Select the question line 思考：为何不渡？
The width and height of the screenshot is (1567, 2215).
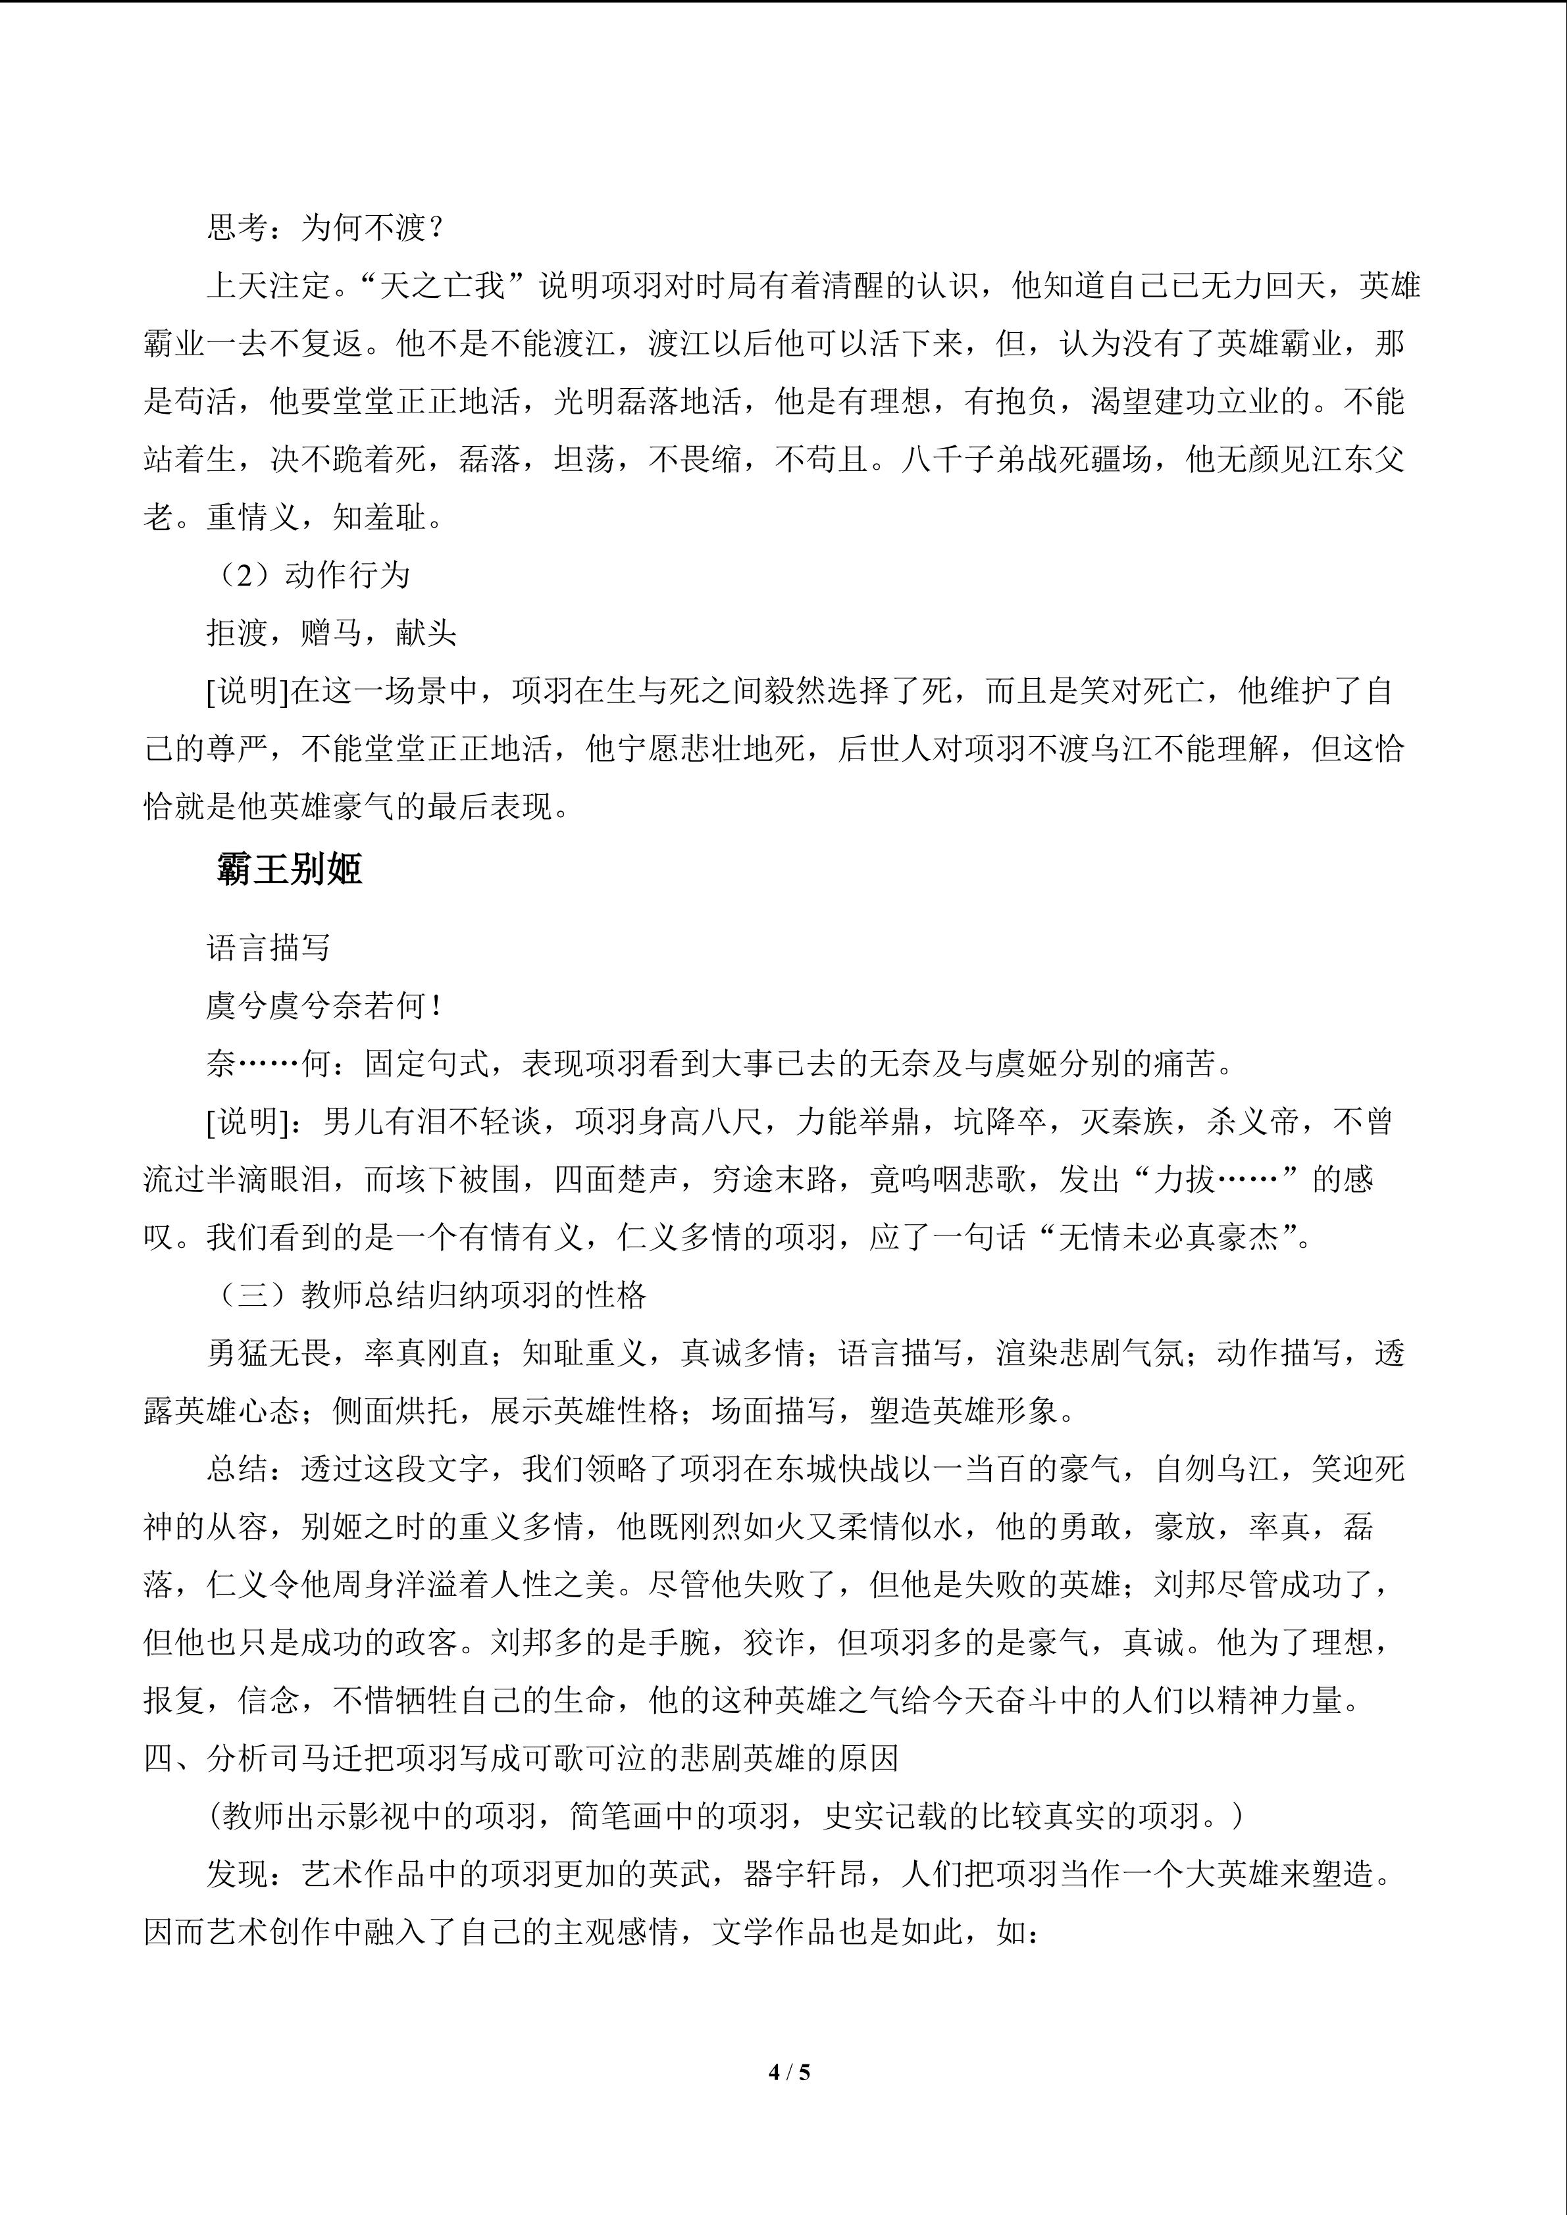point(325,229)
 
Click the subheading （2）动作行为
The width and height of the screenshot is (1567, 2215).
point(309,576)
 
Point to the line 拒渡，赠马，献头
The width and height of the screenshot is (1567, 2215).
point(331,634)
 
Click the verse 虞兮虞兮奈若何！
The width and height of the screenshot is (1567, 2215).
point(325,1007)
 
